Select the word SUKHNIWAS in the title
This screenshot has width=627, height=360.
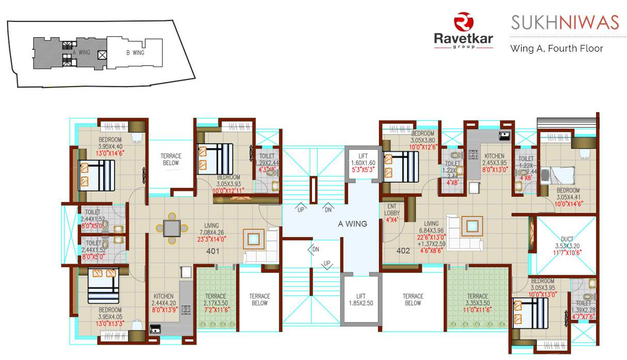pos(565,22)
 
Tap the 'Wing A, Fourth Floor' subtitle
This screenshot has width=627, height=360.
pos(556,49)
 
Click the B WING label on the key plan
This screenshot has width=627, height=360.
pos(135,53)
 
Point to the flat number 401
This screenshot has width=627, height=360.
pos(213,252)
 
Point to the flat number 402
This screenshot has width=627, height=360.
pos(403,252)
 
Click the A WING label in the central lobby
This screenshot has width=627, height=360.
pos(352,224)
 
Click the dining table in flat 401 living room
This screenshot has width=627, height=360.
pos(171,228)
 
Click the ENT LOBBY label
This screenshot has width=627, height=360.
pos(391,209)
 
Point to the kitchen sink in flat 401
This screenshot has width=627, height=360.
pos(155,328)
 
